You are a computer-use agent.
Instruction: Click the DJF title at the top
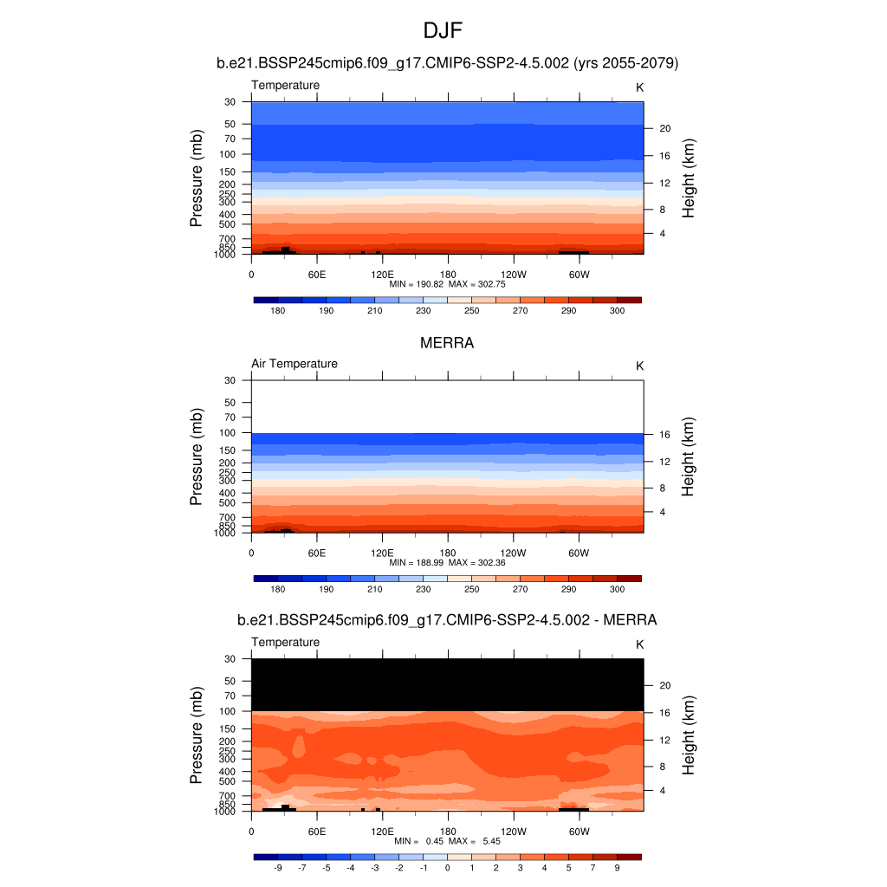[x=443, y=32]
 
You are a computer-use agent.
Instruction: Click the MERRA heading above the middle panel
[x=447, y=343]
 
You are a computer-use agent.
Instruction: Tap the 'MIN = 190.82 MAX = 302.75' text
[x=447, y=284]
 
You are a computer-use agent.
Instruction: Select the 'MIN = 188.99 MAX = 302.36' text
[x=447, y=563]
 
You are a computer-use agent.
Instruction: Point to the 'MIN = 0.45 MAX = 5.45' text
[x=447, y=841]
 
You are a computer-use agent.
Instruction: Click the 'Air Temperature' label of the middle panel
[x=295, y=364]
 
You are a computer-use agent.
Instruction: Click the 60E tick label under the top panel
[x=317, y=275]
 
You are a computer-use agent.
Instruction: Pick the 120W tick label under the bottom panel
[x=514, y=832]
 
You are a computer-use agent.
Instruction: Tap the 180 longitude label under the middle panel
[x=448, y=554]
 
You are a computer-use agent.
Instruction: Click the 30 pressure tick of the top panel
[x=230, y=102]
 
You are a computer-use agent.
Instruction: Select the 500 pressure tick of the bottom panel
[x=228, y=781]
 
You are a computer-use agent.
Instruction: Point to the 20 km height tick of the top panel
[x=666, y=128]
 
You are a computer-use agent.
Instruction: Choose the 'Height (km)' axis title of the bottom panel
[x=689, y=735]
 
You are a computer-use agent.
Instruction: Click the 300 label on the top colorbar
[x=617, y=310]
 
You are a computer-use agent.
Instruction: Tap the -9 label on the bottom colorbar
[x=278, y=867]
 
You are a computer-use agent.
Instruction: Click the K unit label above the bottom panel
[x=640, y=644]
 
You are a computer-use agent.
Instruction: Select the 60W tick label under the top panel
[x=579, y=275]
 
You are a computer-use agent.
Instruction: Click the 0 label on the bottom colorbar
[x=447, y=867]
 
